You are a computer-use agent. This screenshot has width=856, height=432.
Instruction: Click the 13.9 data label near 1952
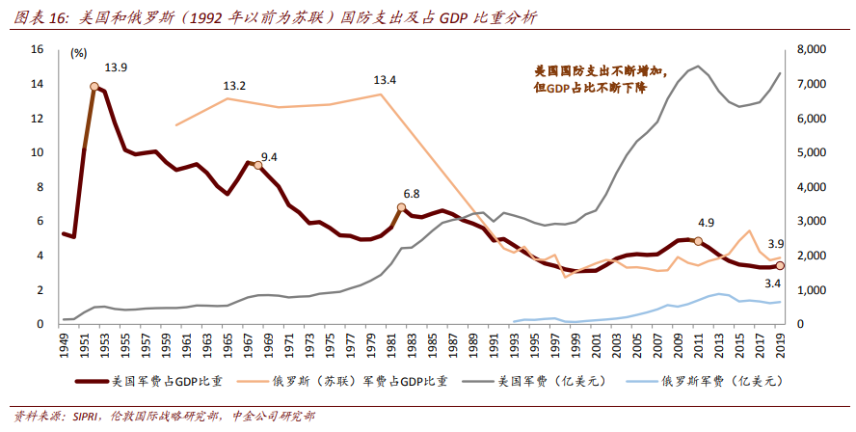[x=116, y=67]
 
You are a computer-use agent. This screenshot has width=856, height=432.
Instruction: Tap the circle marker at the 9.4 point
[x=257, y=166]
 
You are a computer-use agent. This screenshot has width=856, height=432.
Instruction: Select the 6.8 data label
[x=411, y=194]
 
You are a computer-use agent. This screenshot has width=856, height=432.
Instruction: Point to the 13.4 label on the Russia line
[x=385, y=80]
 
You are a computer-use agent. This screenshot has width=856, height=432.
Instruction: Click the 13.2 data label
[x=234, y=86]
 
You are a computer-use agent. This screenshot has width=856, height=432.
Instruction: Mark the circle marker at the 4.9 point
[x=698, y=241]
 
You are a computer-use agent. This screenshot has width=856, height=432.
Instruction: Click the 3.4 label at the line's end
[x=772, y=283]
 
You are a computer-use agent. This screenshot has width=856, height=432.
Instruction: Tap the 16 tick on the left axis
[x=38, y=49]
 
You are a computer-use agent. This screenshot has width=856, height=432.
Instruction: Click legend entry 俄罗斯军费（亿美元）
[x=718, y=382]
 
